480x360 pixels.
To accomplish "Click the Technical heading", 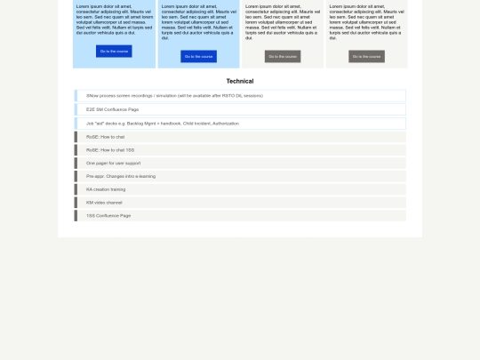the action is coord(240,81).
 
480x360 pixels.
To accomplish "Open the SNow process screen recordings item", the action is coord(173,95).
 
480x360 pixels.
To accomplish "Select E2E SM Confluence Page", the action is coord(112,109).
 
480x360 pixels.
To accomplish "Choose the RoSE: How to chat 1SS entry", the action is coord(109,150).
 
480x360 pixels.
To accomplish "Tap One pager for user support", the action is coord(113,164).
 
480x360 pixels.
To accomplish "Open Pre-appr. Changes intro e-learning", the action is coord(120,176).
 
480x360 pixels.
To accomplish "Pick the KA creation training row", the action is coord(106,189).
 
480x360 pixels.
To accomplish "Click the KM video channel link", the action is coord(103,203).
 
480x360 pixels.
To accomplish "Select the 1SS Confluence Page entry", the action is coord(108,215).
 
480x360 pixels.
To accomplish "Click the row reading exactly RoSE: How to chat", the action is coord(105,137).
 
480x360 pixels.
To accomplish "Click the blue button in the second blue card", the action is coord(198,56).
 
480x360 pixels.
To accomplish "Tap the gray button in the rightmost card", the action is coord(366,56).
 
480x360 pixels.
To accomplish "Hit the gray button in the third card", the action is coord(283,56).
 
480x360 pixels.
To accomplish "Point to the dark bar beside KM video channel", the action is coord(76,203).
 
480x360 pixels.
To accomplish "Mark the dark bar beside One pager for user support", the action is coord(76,164).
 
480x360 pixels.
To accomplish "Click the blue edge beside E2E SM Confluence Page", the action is coord(75,109).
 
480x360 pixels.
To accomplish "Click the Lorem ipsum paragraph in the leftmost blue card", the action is coord(114,21).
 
